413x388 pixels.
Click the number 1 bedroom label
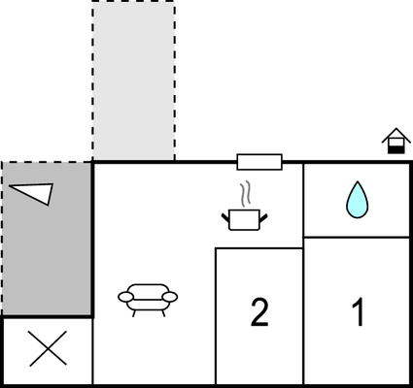coord(359,312)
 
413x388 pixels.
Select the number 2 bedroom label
coord(259,312)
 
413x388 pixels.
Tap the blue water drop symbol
coord(357,200)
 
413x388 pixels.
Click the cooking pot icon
coord(245,220)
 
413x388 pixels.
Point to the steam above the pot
coord(246,193)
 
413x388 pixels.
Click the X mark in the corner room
coord(49,348)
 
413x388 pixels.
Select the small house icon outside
coord(396,141)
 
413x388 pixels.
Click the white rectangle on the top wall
coord(259,162)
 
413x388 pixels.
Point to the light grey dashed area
coord(134,81)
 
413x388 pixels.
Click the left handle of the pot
coord(225,218)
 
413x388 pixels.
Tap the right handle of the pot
coord(263,218)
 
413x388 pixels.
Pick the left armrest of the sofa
coord(125,297)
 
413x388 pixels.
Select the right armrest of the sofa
coord(170,297)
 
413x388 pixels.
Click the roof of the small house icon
coord(396,134)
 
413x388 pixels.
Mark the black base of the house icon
coord(396,149)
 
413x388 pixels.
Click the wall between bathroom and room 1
coord(357,238)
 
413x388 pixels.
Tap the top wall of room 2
coord(259,248)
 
